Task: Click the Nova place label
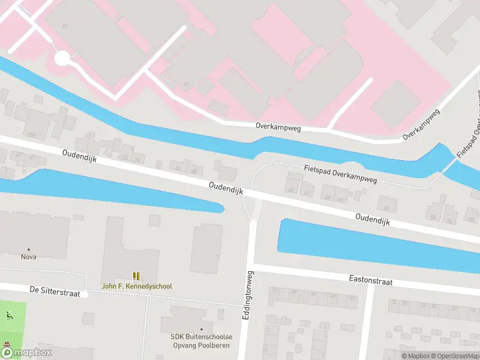point(28,257)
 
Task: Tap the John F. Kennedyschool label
point(137,286)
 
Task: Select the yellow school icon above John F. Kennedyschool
point(137,276)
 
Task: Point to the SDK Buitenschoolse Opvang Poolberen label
point(201,341)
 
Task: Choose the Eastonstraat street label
point(371,280)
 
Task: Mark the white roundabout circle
point(62,58)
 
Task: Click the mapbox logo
point(27,353)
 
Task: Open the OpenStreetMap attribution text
point(454,356)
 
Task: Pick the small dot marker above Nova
point(28,249)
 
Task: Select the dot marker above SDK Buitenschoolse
point(202,329)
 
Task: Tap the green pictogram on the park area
point(8,316)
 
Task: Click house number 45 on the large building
point(65,26)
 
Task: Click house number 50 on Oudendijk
point(387,209)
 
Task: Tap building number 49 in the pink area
point(185,85)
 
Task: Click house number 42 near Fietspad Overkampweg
point(306,193)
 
